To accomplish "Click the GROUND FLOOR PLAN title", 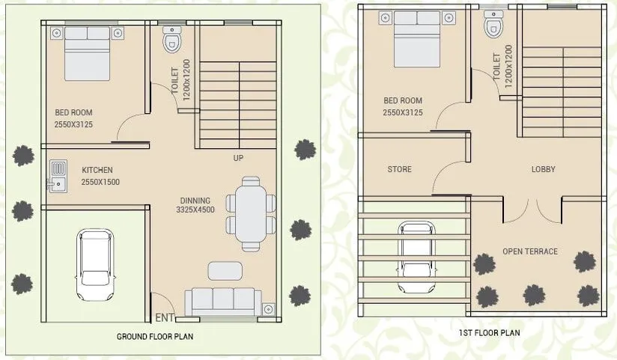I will [x=154, y=337].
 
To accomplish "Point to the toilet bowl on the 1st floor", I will [x=493, y=26].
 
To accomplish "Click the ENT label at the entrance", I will [x=164, y=318].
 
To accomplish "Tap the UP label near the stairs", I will [x=238, y=158].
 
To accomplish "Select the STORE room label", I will [x=399, y=169].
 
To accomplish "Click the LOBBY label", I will [x=543, y=169].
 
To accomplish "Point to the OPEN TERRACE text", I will [x=529, y=251].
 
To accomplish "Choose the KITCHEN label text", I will [x=97, y=170].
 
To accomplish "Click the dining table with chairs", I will [x=251, y=213].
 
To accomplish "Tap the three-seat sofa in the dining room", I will [x=223, y=301].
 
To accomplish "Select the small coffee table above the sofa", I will [x=225, y=269].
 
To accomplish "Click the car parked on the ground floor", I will [x=95, y=264].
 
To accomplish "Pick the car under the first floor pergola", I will [x=416, y=257].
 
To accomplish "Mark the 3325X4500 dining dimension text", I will [x=196, y=210].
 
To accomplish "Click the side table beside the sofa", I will [x=268, y=308].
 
